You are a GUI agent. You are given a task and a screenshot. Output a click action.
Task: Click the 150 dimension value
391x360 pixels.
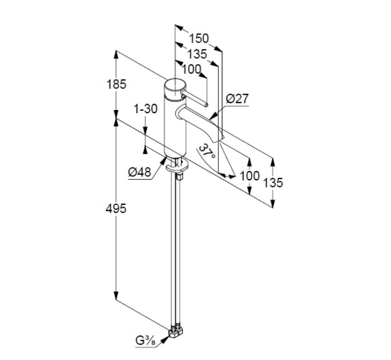click(x=199, y=38)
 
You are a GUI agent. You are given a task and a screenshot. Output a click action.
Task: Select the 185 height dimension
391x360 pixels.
click(x=117, y=84)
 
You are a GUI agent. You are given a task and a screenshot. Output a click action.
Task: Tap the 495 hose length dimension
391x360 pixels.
click(x=116, y=208)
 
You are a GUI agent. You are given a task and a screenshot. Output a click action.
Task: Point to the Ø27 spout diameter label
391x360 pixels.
click(x=237, y=98)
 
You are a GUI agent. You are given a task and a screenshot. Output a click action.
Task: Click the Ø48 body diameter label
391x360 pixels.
click(x=140, y=172)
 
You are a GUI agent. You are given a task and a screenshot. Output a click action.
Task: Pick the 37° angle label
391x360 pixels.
click(x=207, y=151)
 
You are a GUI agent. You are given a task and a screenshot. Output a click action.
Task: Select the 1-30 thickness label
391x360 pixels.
click(x=146, y=109)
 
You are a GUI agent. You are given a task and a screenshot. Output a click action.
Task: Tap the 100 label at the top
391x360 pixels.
click(x=191, y=69)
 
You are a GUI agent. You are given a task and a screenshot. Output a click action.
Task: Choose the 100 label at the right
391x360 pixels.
click(x=250, y=176)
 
